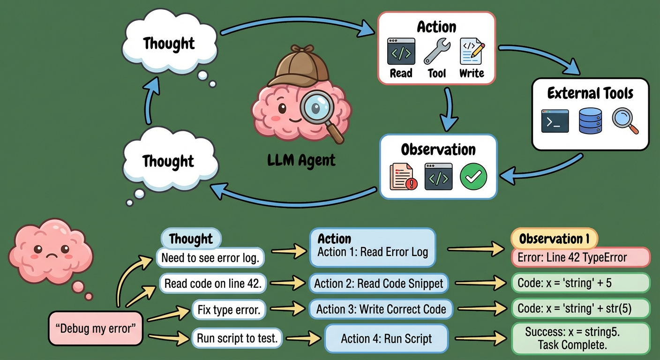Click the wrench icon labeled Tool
point(437,52)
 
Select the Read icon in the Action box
point(401,52)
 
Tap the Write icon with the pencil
point(472,52)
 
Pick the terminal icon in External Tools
point(555,121)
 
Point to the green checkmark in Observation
point(473,177)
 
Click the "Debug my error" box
point(96,328)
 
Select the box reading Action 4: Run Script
point(386,338)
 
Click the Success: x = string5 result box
point(580,338)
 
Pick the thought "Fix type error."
point(228,310)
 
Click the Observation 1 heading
point(554,239)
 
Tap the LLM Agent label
point(301,160)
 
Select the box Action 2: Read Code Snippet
point(378,284)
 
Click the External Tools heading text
point(590,93)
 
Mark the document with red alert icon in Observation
point(403,177)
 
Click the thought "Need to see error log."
point(210,257)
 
